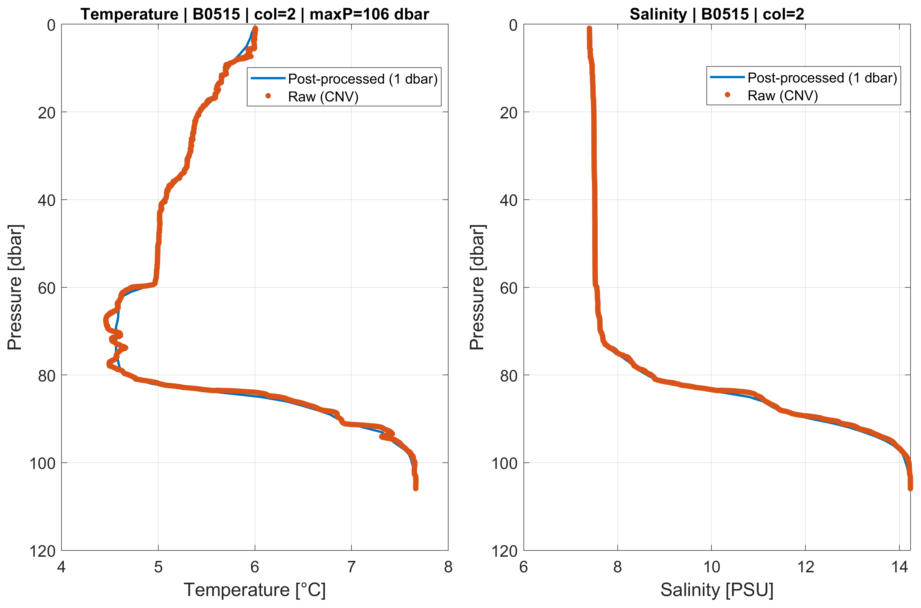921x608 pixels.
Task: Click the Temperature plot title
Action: click(255, 14)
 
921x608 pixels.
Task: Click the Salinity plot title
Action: click(717, 14)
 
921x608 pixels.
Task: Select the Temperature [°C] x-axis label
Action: click(255, 590)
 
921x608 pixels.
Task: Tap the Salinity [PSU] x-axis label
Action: click(717, 590)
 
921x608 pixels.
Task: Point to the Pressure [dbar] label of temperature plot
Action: click(16, 287)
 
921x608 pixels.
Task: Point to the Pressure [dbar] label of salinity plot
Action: click(477, 287)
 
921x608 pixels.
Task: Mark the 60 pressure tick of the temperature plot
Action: click(47, 288)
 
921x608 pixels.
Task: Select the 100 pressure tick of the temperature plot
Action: click(43, 463)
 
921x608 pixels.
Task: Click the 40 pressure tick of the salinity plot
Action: click(509, 200)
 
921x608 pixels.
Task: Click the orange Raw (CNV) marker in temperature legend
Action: click(268, 96)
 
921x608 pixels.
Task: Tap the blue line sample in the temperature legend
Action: click(268, 78)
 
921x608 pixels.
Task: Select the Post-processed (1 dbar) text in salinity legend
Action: click(822, 78)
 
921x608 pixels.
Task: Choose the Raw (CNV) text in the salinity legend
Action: click(782, 95)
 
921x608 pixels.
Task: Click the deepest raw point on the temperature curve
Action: click(415, 488)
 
